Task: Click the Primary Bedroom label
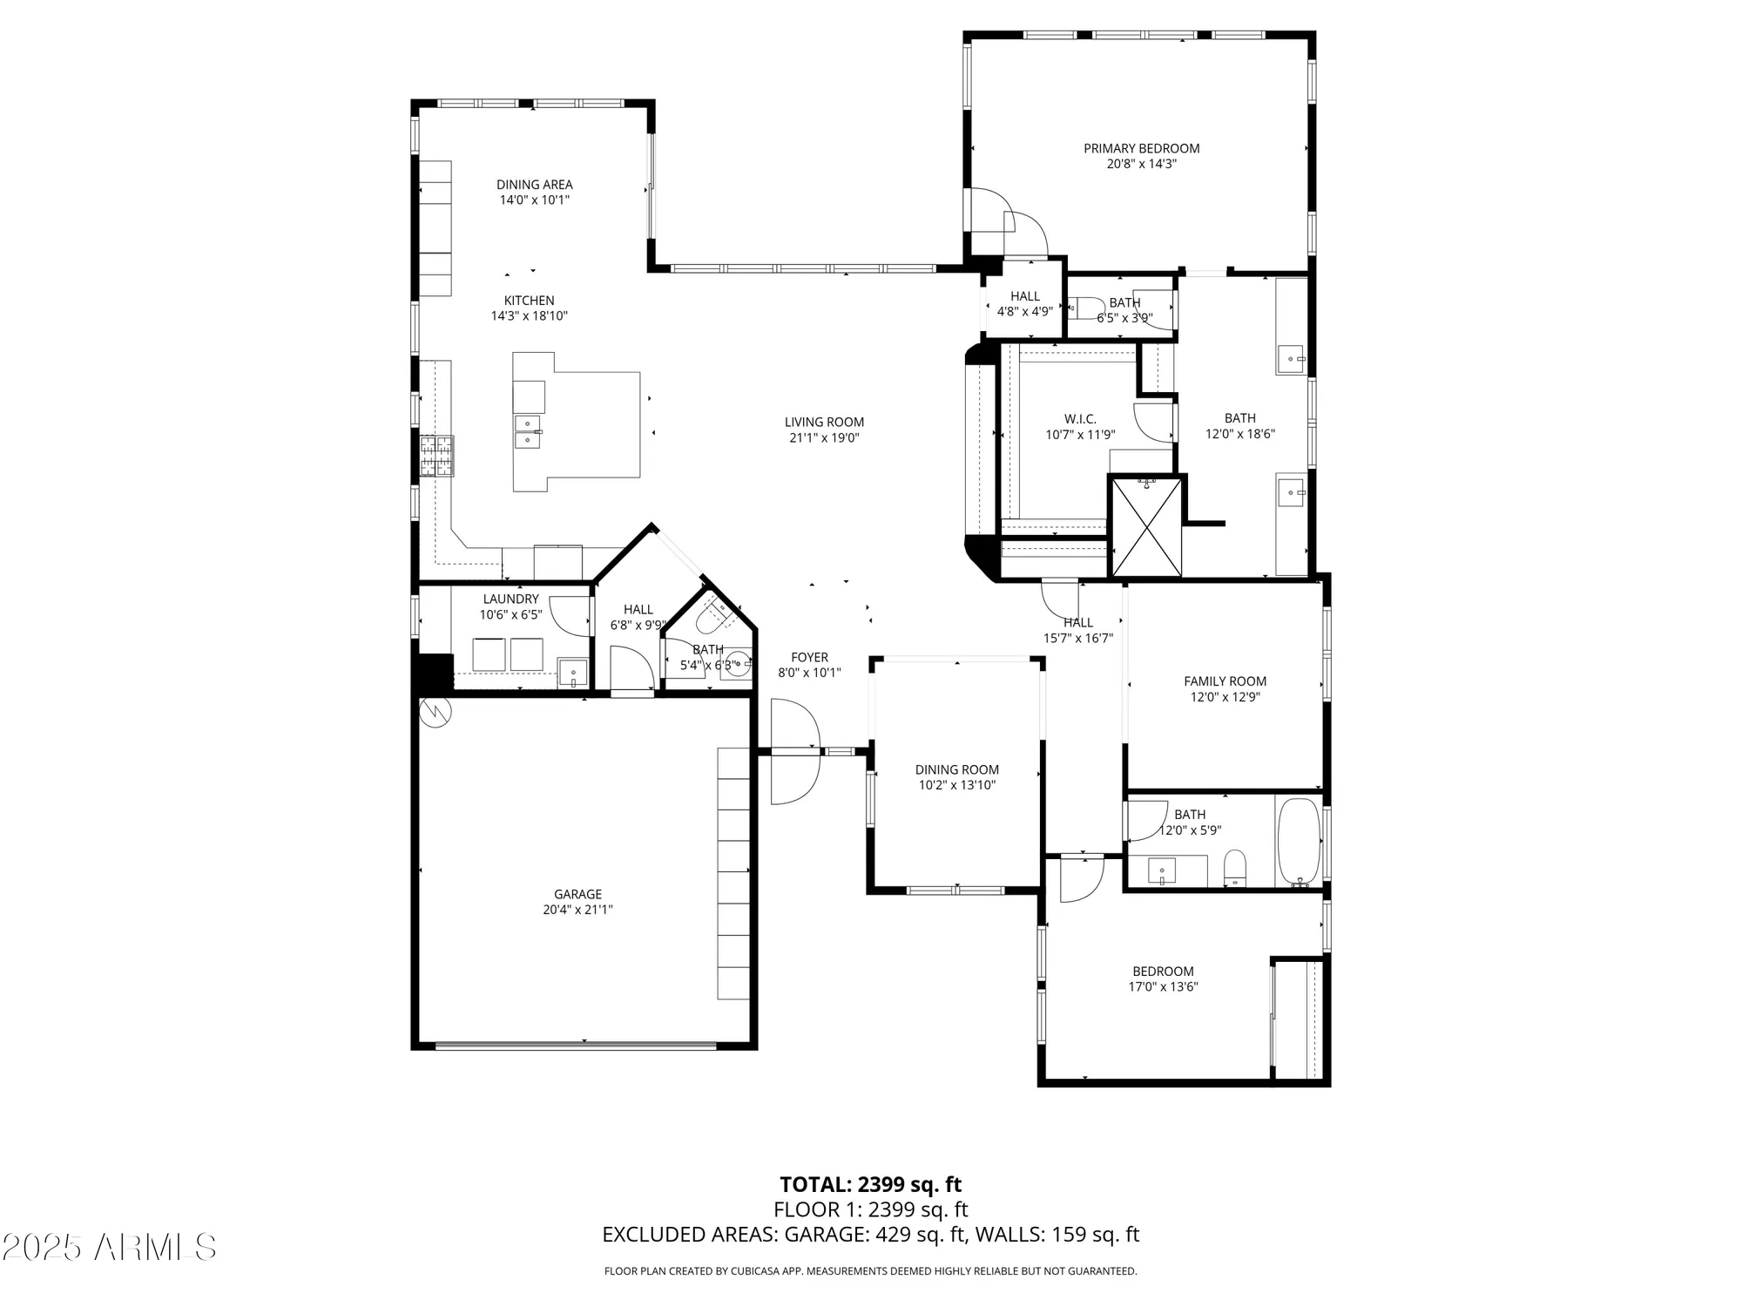[1141, 149]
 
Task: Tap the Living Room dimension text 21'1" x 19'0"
[824, 438]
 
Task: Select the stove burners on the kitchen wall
[437, 456]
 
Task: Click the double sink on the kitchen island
[528, 432]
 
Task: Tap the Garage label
[577, 894]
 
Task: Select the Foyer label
[809, 658]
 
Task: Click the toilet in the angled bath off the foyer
[716, 615]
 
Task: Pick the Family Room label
[1225, 681]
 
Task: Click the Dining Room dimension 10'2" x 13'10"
[956, 785]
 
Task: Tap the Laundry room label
[510, 599]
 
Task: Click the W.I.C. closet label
[1080, 419]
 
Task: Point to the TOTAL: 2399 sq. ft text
[870, 1184]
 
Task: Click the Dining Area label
[534, 185]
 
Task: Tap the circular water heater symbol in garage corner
[433, 712]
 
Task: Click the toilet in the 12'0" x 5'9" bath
[1235, 868]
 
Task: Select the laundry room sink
[572, 673]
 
